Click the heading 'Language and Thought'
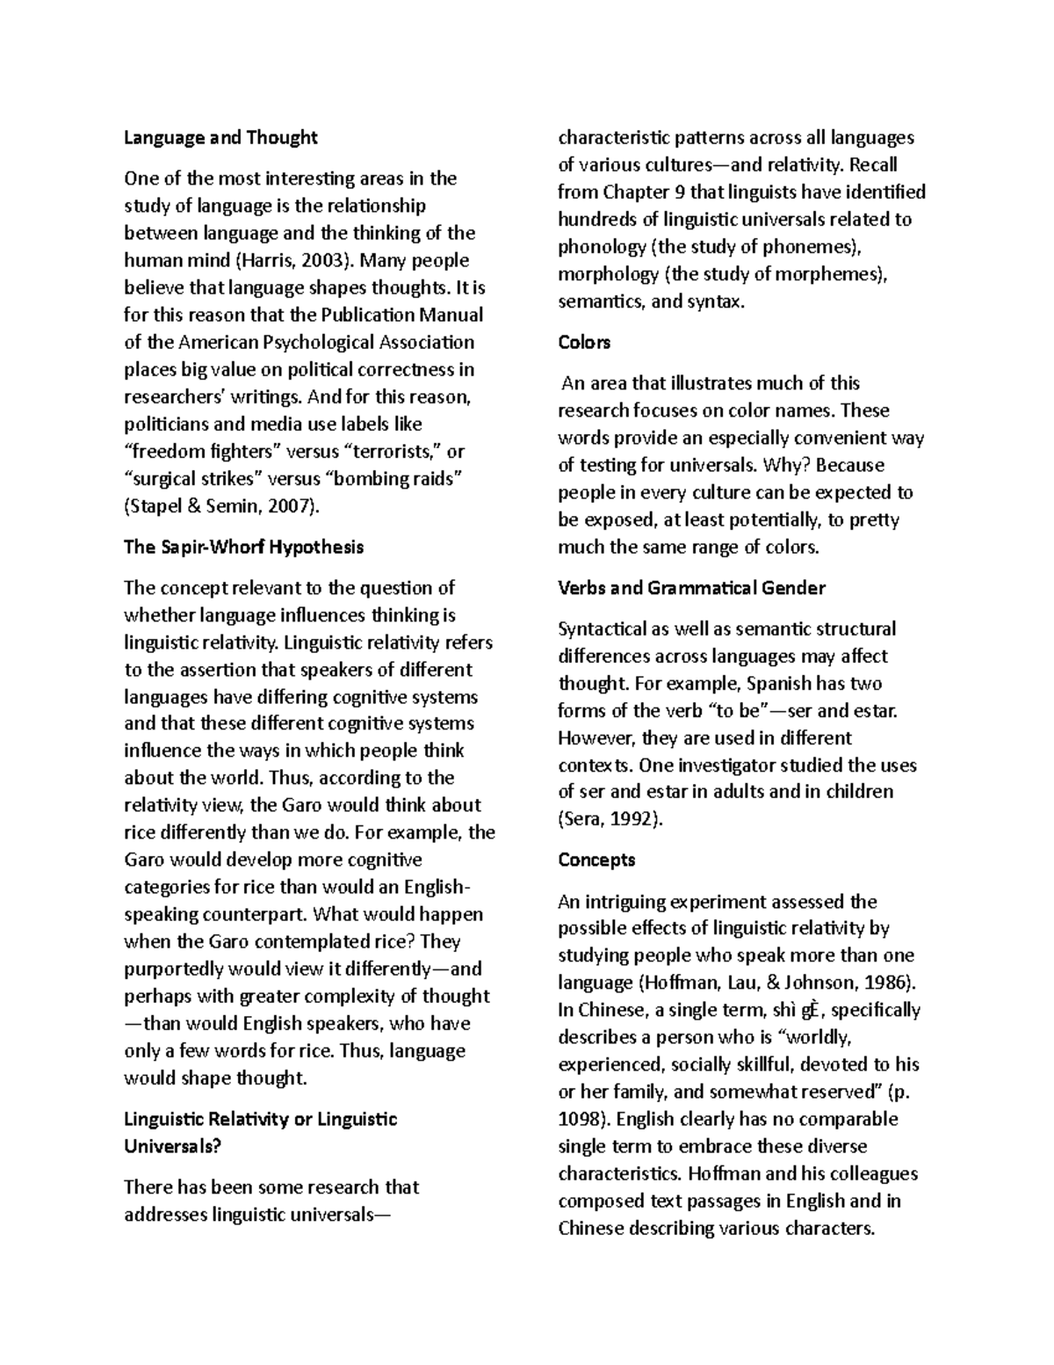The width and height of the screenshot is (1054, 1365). pyautogui.click(x=220, y=138)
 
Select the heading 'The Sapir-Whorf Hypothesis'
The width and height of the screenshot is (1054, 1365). pyautogui.click(x=243, y=548)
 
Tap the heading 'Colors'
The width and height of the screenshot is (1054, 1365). pyautogui.click(x=584, y=343)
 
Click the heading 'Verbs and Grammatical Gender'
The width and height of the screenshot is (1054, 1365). pyautogui.click(x=691, y=588)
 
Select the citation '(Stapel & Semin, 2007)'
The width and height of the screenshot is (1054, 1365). pyautogui.click(x=223, y=506)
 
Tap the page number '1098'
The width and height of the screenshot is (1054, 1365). pyautogui.click(x=582, y=1119)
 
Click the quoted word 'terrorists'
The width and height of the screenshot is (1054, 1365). pyautogui.click(x=393, y=452)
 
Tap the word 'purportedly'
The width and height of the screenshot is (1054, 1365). pyautogui.click(x=174, y=969)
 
